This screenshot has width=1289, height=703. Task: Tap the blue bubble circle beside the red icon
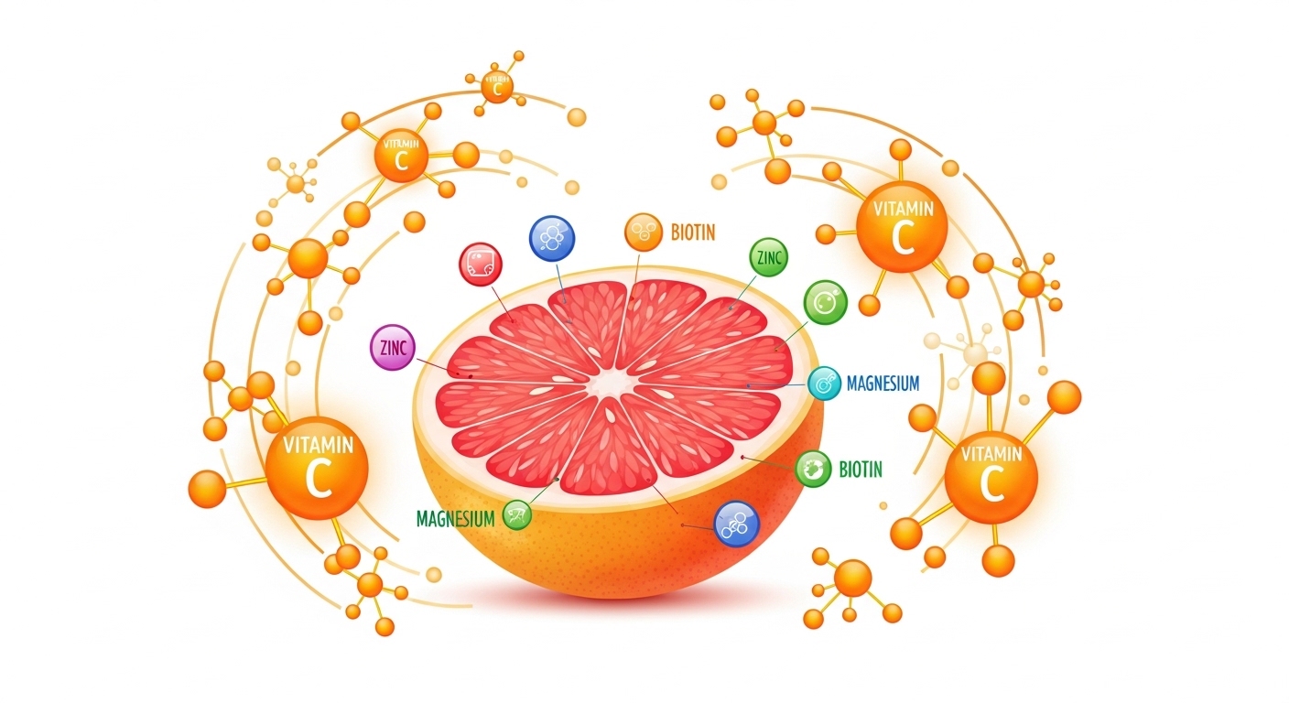coord(552,238)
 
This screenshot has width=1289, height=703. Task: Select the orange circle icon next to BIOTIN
coord(644,233)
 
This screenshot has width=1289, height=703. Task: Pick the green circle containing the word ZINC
coord(768,259)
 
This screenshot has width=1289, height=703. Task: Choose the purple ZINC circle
coord(393,348)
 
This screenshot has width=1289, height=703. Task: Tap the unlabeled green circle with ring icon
coord(825,301)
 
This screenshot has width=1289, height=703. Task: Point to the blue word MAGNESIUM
coord(883,384)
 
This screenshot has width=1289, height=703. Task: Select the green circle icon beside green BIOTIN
coord(813,470)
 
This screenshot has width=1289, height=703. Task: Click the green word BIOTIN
coord(861,470)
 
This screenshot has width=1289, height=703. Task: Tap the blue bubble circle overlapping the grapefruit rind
coord(736,524)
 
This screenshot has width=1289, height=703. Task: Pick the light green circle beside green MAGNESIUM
coord(515,515)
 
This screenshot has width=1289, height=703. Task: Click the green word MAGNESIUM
coord(455,519)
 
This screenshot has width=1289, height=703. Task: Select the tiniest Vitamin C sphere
coord(497,87)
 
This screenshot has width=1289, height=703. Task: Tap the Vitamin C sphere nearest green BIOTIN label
coord(991,475)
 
